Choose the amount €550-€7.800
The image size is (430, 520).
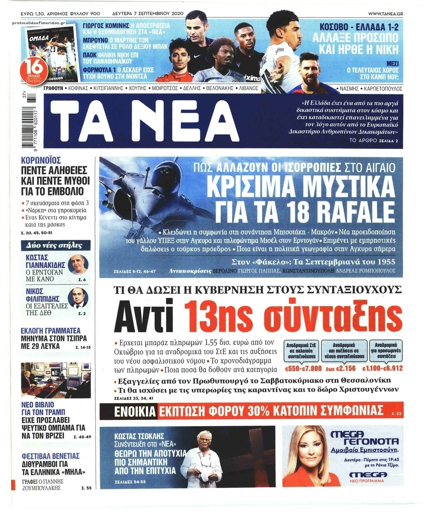(x=303, y=369)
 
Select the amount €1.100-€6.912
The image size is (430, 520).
(x=382, y=369)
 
